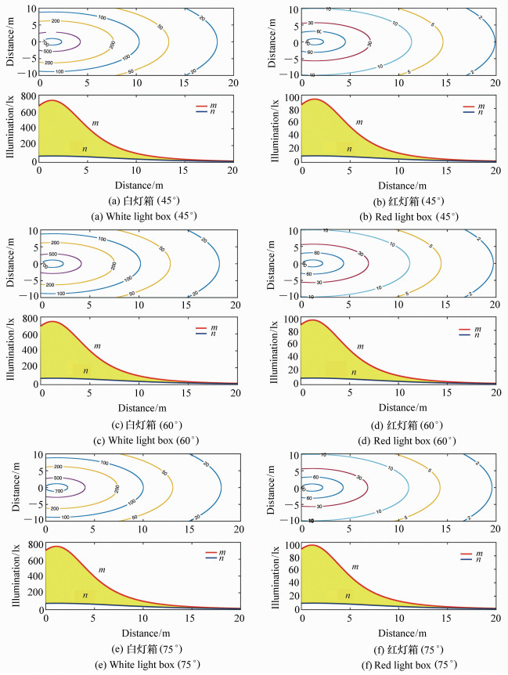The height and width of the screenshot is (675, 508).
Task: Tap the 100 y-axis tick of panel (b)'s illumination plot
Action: pos(289,96)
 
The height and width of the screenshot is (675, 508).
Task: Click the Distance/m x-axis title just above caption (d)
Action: pos(399,407)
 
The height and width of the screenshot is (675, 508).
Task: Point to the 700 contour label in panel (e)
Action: pos(57,487)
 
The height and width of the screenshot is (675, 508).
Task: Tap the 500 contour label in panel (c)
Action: pos(52,254)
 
